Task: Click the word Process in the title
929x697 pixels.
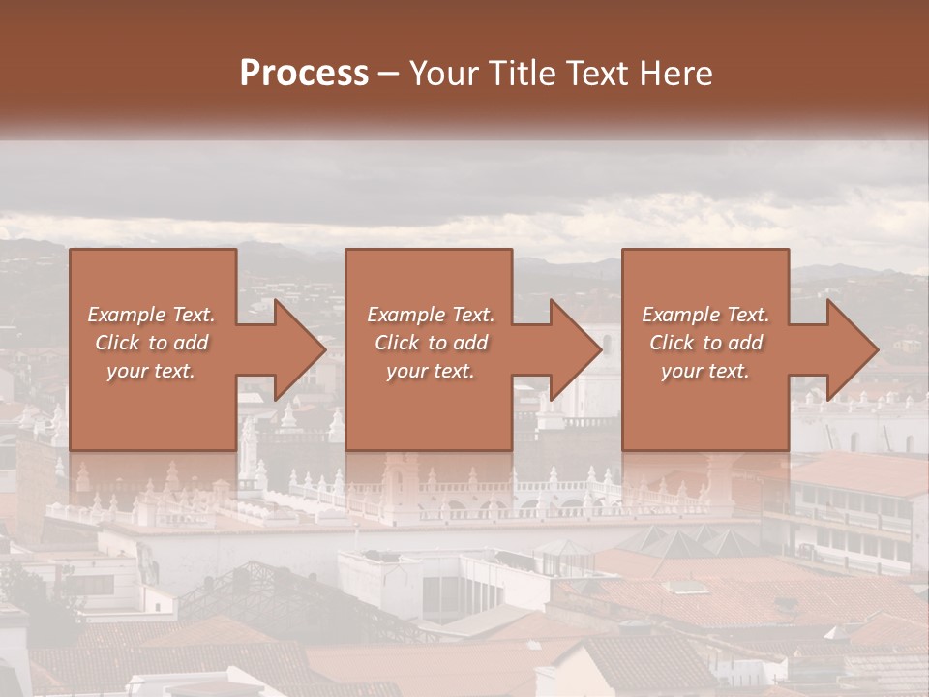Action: pos(304,74)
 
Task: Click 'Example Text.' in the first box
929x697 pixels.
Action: pos(151,315)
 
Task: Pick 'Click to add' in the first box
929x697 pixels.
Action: pos(151,343)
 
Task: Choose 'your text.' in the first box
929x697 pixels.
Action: pos(151,371)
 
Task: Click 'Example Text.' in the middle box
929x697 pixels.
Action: pos(431,315)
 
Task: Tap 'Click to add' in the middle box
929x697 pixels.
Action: pos(431,343)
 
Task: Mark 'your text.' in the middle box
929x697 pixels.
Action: pos(431,371)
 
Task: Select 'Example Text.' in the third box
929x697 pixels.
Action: pos(705,315)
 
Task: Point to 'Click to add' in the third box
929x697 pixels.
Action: pos(705,343)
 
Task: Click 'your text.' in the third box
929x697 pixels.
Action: pos(705,371)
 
